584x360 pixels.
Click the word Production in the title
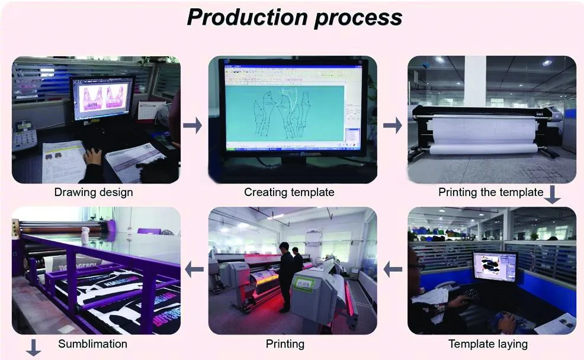click(248, 17)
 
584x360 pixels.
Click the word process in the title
click(359, 18)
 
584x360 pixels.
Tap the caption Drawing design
click(94, 192)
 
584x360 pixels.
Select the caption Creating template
click(289, 192)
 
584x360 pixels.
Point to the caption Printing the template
click(491, 192)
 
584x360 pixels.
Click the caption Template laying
click(488, 344)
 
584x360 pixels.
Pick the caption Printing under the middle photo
click(285, 344)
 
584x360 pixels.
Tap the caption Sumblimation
click(93, 343)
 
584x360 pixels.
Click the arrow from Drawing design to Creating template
click(192, 126)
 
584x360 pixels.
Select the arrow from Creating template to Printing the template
click(393, 126)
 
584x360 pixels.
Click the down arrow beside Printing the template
click(553, 194)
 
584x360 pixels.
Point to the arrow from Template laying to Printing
click(393, 269)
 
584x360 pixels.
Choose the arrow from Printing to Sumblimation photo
click(194, 269)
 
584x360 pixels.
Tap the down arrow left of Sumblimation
click(34, 348)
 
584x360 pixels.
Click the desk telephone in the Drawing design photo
click(24, 136)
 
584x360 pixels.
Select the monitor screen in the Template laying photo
click(495, 266)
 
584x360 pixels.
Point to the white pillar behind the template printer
click(475, 81)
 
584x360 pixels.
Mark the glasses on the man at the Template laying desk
click(416, 266)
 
